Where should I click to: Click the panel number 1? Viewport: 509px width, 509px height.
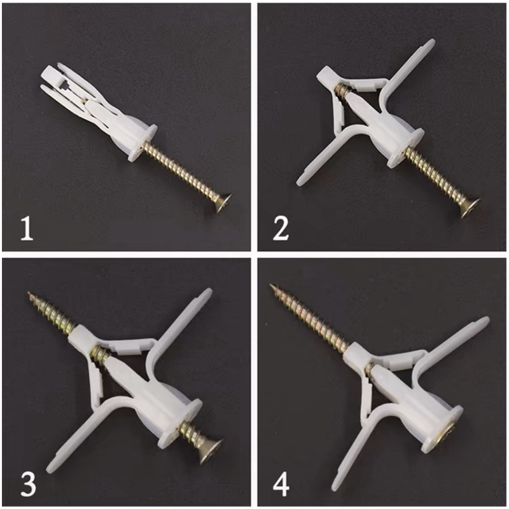(x=27, y=229)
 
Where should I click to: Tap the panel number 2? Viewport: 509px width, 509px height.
(x=281, y=229)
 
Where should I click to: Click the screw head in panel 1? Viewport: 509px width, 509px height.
(x=223, y=202)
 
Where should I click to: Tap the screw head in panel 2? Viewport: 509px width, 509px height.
(x=471, y=207)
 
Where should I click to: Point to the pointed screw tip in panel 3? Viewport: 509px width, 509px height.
(x=29, y=293)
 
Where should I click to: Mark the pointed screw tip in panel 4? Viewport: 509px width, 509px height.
(x=272, y=286)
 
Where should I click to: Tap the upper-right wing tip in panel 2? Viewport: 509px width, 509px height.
(x=432, y=42)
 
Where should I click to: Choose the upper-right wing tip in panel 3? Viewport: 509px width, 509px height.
(x=209, y=291)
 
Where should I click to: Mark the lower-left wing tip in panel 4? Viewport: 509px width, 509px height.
(x=335, y=487)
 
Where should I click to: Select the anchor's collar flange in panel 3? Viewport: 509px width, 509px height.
(x=181, y=424)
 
